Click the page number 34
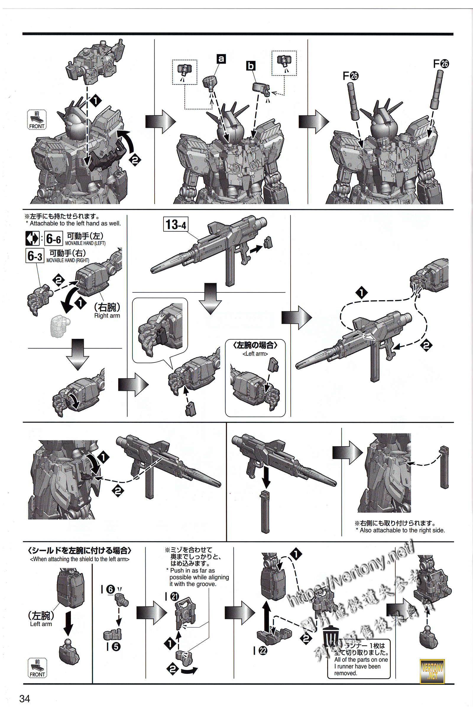25,698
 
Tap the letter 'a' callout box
221,59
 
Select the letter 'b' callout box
251,66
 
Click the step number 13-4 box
176,225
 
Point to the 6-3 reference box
35,256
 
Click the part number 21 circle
175,596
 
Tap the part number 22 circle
263,651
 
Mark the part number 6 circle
111,589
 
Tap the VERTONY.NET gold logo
432,671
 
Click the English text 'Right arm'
107,316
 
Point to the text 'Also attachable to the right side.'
402,530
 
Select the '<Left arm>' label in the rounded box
255,354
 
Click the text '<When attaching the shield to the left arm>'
80,559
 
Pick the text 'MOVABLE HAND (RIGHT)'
68,261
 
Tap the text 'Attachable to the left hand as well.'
75,223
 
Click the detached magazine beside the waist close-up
444,467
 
